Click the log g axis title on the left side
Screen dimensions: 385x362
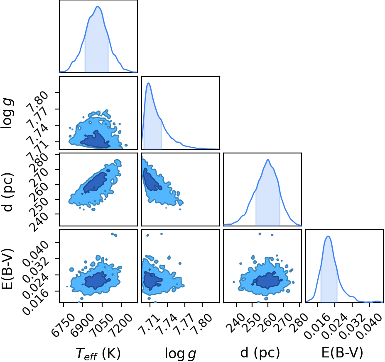[7, 113]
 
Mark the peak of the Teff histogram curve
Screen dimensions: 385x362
[98, 6]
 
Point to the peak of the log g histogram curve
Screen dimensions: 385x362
[149, 83]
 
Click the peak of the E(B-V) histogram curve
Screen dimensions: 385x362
[328, 236]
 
